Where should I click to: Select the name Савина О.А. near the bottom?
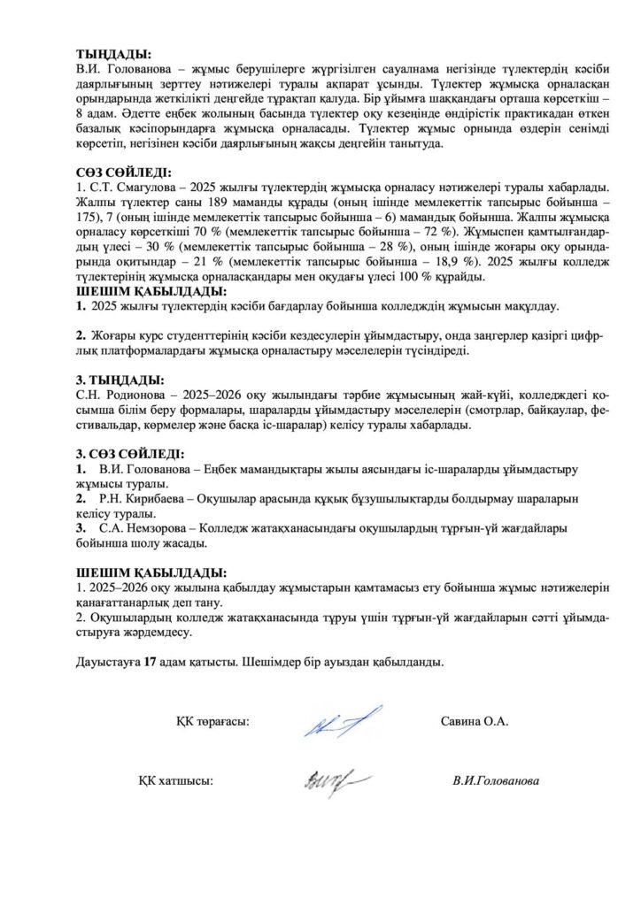(474, 722)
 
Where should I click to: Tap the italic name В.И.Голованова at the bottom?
(495, 781)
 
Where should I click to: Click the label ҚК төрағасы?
(212, 722)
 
